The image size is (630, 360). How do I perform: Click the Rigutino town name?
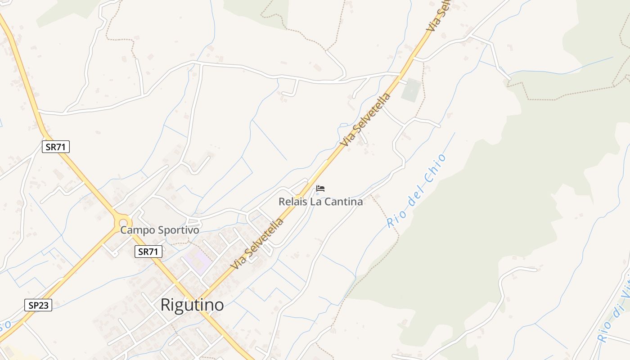click(x=192, y=305)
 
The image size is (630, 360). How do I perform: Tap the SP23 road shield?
click(x=38, y=305)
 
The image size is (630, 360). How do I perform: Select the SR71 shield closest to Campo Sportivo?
click(x=148, y=252)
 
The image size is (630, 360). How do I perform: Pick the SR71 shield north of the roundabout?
click(x=56, y=146)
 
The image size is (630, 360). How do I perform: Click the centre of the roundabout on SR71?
click(x=122, y=221)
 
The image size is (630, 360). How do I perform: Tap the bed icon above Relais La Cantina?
click(x=320, y=189)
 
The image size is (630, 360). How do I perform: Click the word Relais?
click(x=293, y=202)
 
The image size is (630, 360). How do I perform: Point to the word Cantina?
click(x=343, y=202)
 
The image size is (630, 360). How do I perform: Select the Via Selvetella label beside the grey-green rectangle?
click(x=365, y=120)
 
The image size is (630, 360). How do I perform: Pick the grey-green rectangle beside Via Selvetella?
click(x=411, y=90)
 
